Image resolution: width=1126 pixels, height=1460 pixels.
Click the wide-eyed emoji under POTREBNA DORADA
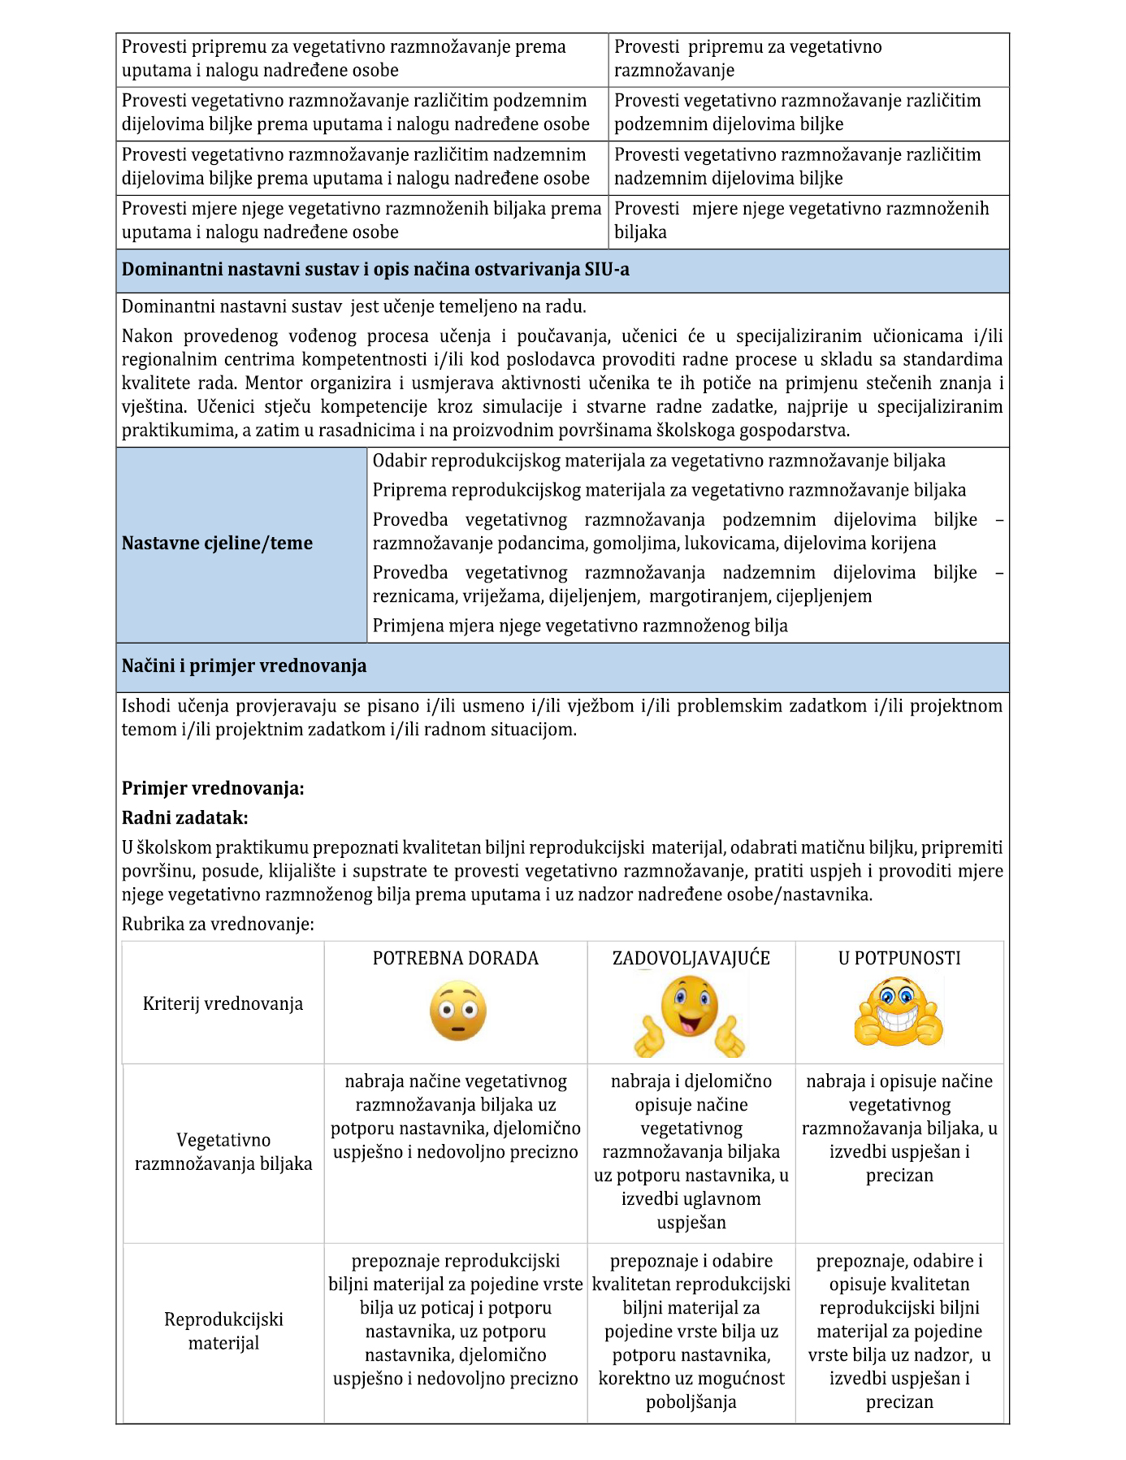[x=457, y=1011]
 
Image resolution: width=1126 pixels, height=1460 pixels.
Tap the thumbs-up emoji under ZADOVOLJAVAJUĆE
[x=690, y=1014]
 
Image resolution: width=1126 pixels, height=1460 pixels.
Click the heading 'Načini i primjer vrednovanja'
[x=244, y=666]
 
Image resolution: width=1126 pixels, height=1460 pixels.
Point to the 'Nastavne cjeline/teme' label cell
[x=217, y=544]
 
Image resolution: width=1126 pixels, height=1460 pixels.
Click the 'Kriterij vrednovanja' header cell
[x=223, y=1004]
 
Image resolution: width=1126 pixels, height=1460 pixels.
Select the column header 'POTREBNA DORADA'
[x=455, y=959]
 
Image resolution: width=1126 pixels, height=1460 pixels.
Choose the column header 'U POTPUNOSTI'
[x=899, y=959]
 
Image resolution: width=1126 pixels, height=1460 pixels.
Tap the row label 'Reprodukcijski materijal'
[x=223, y=1331]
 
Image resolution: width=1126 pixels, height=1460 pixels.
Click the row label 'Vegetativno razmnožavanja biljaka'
[x=223, y=1152]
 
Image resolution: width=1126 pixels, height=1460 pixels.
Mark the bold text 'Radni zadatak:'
[x=184, y=818]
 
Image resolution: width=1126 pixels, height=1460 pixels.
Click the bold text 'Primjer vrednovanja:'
[x=213, y=789]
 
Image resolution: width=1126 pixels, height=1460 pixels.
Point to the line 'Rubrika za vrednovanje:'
[x=218, y=925]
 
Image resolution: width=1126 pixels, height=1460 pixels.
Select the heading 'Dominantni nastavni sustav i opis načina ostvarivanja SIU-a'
[x=375, y=270]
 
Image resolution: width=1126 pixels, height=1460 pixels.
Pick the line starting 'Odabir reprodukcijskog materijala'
[x=658, y=461]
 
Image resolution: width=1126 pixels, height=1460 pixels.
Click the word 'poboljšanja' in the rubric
[x=691, y=1402]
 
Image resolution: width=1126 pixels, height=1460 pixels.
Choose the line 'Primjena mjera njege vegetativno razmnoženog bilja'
[x=580, y=626]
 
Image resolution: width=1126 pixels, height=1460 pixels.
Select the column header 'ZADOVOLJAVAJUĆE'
[x=691, y=959]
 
